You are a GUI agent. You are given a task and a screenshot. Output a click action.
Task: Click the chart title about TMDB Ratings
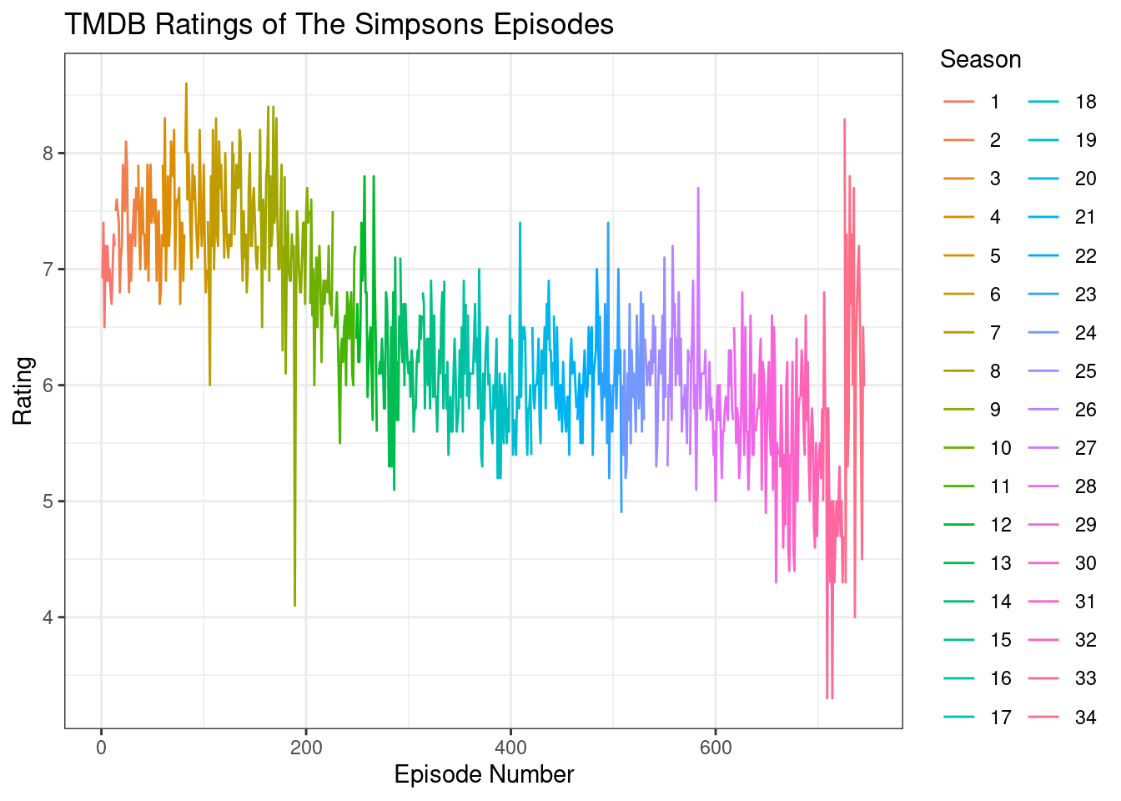pos(339,25)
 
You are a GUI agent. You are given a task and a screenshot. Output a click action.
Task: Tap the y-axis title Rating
pos(23,390)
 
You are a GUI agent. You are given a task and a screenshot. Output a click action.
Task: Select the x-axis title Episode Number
pos(484,774)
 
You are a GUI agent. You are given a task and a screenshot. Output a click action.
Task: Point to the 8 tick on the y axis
pos(48,154)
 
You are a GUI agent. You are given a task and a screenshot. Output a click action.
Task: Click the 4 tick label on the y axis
pos(48,617)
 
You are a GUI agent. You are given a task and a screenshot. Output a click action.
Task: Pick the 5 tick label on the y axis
pos(48,501)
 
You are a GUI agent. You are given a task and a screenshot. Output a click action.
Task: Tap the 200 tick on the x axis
pos(306,748)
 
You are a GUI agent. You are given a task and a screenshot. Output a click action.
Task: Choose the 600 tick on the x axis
pos(716,748)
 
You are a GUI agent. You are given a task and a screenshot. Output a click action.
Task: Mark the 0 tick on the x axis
pos(102,748)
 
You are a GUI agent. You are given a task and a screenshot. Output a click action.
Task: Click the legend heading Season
pos(980,60)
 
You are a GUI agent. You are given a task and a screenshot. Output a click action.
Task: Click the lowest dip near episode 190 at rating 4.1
pos(295,605)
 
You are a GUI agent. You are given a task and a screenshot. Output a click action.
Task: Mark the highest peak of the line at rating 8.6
pos(186,83)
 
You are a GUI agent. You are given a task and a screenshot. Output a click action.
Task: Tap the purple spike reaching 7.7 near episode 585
pos(698,189)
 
